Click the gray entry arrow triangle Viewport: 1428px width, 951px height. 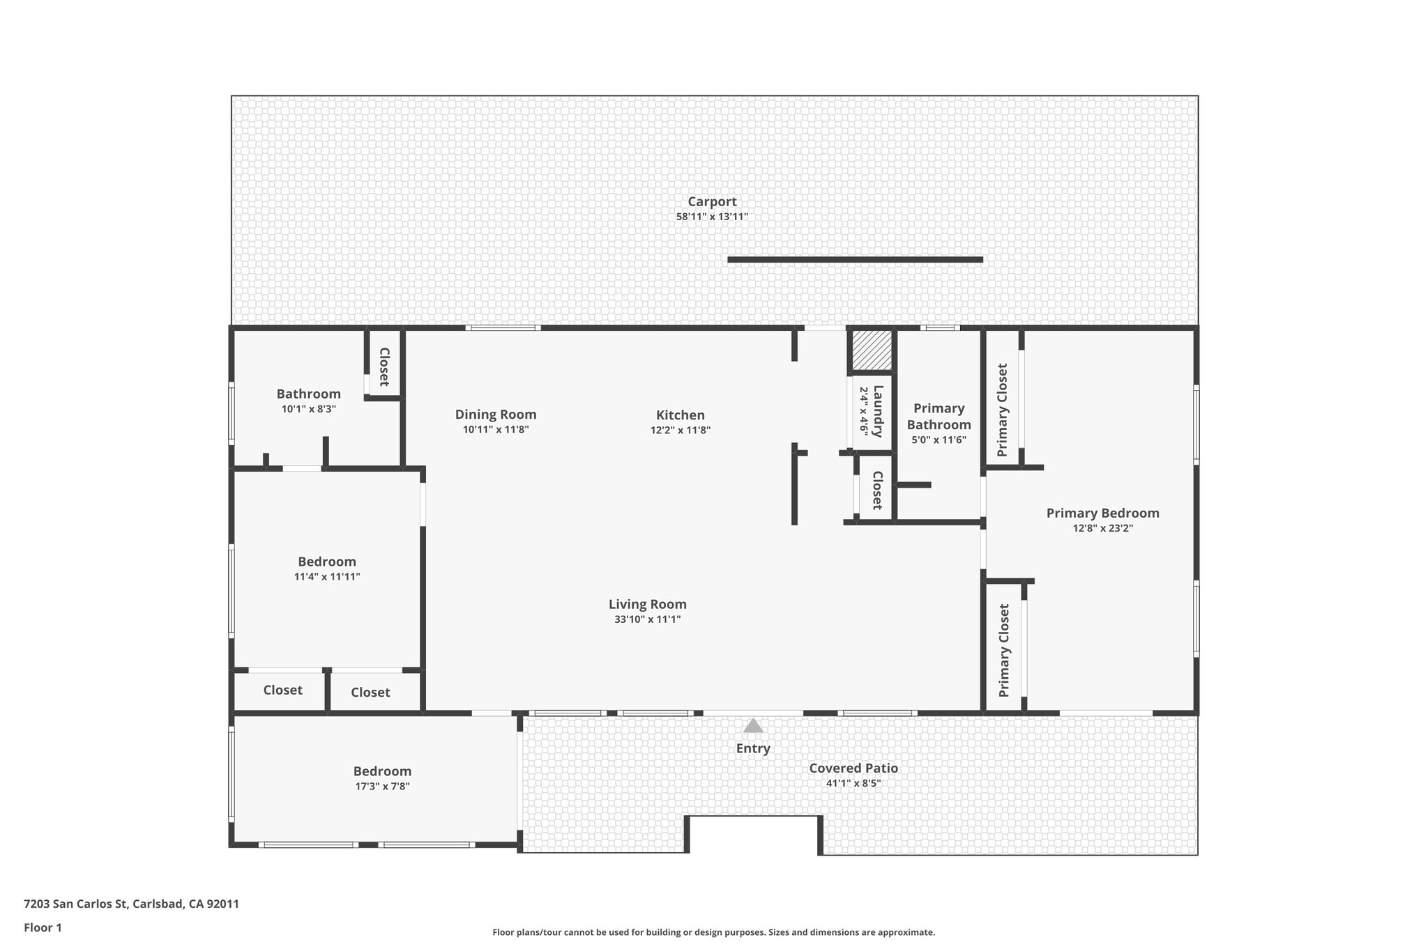pos(753,727)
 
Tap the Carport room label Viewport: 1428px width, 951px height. pos(712,202)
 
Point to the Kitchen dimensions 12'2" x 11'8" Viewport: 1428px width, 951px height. pos(681,431)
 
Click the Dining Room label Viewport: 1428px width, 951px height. pos(496,415)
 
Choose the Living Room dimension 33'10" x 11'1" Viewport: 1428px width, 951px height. pos(647,619)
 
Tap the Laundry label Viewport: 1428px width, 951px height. pos(878,411)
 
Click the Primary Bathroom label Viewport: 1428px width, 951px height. pos(939,417)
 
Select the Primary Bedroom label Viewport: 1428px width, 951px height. pos(1102,513)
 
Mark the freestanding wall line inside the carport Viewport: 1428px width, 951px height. pos(855,260)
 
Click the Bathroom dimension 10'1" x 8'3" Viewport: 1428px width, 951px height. pos(309,409)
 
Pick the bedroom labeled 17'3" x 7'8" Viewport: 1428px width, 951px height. pos(382,771)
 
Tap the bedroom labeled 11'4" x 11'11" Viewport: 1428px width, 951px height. pos(327,562)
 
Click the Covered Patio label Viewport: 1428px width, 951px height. pos(853,768)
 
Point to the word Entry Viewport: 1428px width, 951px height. pos(753,748)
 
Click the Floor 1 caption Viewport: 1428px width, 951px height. pos(43,927)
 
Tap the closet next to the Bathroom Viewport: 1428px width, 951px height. pos(383,366)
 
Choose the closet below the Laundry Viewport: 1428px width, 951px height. pos(877,490)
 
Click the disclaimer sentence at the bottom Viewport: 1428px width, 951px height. pos(713,932)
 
